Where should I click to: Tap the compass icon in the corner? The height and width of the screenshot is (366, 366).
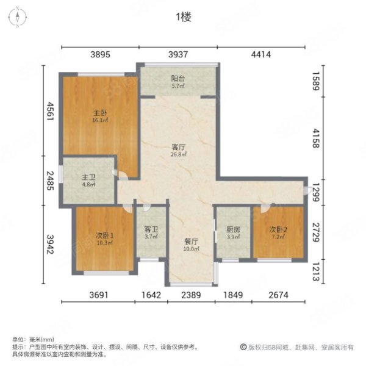point(18,16)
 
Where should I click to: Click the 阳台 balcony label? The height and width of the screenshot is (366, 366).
point(178,79)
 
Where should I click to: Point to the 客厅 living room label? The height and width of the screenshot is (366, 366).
point(178,146)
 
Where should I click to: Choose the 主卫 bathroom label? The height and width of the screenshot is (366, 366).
point(89,178)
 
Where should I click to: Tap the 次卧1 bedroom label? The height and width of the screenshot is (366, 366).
point(103,235)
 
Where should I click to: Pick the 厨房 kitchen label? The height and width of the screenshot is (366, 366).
point(232,230)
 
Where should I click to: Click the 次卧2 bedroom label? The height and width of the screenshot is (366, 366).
point(278,229)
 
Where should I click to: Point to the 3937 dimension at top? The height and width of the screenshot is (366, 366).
point(178,56)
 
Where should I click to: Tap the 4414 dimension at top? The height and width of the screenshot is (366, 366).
point(260,56)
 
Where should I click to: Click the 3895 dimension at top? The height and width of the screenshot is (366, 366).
point(100,56)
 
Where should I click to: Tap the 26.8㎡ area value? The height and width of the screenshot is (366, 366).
point(178,154)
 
